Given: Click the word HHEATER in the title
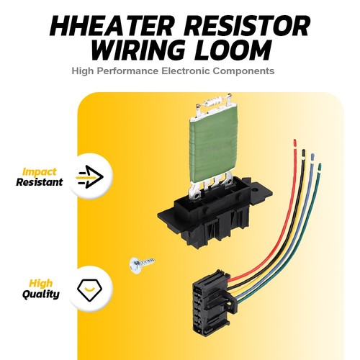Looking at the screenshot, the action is tap(111, 26).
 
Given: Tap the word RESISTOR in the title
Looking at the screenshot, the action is tap(247, 26).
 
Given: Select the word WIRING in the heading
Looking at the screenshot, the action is tap(138, 50).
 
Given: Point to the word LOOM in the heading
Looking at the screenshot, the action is tap(233, 50).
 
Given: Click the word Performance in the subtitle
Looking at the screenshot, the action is tap(127, 71).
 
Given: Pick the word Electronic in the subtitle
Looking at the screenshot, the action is tap(186, 71).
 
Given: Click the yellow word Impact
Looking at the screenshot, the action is tap(39, 172).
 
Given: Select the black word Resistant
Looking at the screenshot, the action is tap(40, 182).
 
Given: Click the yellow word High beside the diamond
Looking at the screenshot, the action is tap(40, 283).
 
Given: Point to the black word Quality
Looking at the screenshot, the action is tap(41, 294).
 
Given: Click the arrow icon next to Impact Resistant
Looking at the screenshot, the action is tap(89, 176).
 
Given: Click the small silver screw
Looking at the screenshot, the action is tap(141, 264).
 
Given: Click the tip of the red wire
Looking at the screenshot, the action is tap(295, 140).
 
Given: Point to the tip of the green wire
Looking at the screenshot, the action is tap(320, 165).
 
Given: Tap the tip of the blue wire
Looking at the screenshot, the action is tap(312, 155).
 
